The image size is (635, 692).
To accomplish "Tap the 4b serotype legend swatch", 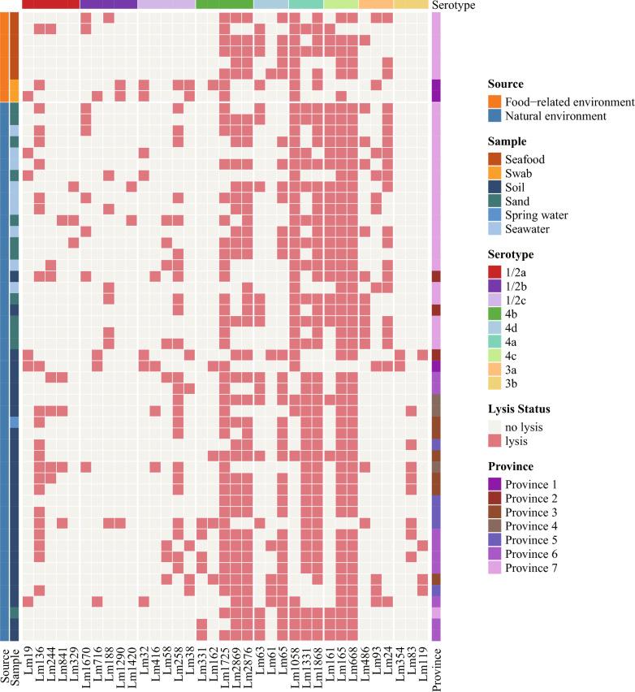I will coord(495,314).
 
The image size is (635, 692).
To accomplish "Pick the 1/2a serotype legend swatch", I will coord(495,270).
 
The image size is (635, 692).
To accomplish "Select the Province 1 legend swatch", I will coord(495,485).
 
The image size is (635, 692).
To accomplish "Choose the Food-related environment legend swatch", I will coord(495,102).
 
